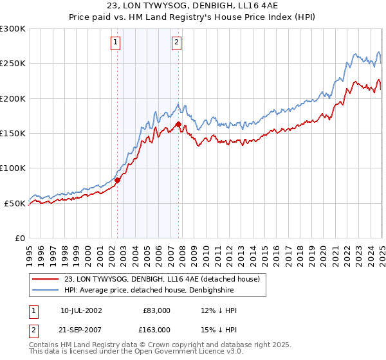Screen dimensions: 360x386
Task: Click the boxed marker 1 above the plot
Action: (115, 43)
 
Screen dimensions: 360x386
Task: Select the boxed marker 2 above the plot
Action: (176, 43)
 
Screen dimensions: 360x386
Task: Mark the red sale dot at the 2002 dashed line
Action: (118, 181)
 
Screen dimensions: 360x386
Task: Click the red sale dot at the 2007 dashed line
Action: (178, 124)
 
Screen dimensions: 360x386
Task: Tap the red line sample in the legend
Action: (46, 279)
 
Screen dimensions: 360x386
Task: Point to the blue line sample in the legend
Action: (46, 289)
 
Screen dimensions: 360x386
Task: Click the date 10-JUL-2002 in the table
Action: (81, 310)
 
